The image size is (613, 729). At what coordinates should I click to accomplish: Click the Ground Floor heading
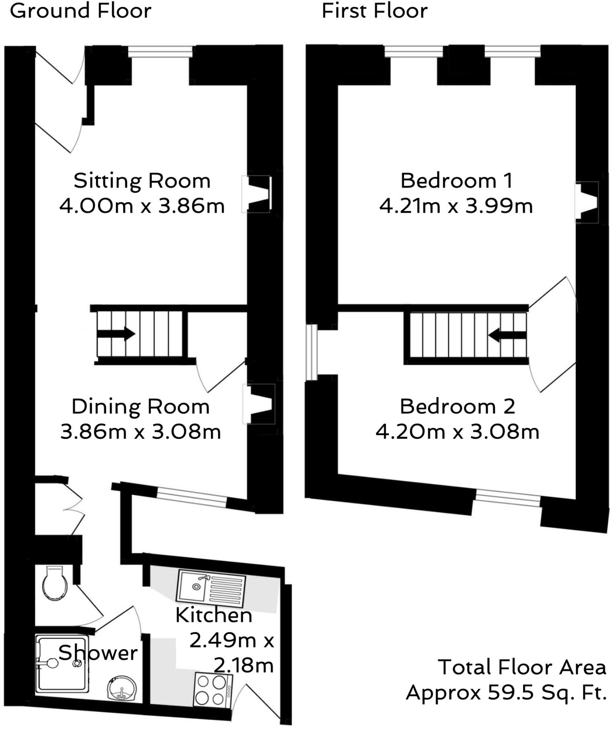click(x=80, y=11)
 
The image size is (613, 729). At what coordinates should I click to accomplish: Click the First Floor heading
click(x=374, y=11)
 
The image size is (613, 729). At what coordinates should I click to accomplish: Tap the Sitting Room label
click(x=142, y=181)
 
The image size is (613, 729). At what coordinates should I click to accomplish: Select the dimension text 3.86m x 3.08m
click(x=140, y=432)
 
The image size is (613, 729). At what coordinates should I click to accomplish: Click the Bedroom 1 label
click(x=457, y=181)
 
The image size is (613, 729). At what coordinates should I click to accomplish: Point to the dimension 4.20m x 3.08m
click(x=457, y=432)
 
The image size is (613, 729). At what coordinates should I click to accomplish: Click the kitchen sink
click(x=211, y=588)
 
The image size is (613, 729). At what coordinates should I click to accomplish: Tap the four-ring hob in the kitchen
click(x=213, y=690)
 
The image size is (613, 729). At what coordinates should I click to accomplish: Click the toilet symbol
click(x=55, y=583)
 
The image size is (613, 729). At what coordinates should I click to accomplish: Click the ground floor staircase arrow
click(x=116, y=334)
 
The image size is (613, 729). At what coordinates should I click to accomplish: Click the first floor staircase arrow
click(x=507, y=335)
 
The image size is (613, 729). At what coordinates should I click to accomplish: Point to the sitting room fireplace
click(x=257, y=194)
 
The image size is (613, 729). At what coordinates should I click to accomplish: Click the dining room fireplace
click(x=259, y=404)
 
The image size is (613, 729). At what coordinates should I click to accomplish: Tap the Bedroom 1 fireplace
click(x=587, y=202)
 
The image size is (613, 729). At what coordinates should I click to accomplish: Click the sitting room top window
click(x=160, y=51)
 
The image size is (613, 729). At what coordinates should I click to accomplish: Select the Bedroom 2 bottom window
click(x=508, y=498)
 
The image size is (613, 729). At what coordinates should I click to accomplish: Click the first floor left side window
click(x=311, y=352)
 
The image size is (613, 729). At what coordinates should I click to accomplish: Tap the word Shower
click(x=98, y=653)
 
